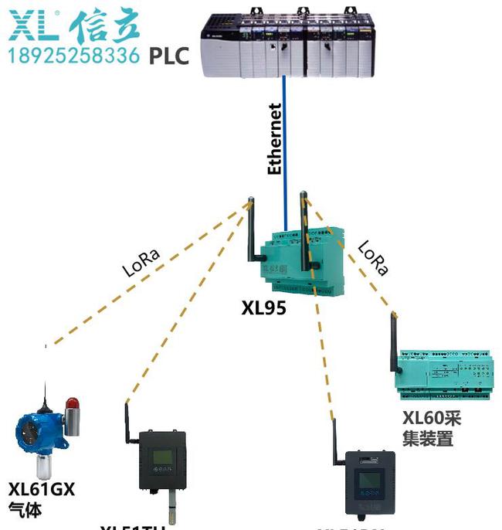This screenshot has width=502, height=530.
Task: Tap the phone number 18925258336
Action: (x=74, y=56)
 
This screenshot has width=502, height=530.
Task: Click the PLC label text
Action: (x=168, y=56)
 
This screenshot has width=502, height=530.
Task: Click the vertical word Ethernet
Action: (x=274, y=139)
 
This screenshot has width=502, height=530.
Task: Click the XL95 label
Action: (x=263, y=308)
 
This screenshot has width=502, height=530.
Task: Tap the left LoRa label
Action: (x=143, y=263)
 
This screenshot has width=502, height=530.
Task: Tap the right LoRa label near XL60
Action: (x=372, y=259)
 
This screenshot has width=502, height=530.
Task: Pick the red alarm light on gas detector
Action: (x=73, y=403)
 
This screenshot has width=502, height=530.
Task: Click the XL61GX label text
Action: (x=42, y=489)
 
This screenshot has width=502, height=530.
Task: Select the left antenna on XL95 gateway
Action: (x=250, y=232)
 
